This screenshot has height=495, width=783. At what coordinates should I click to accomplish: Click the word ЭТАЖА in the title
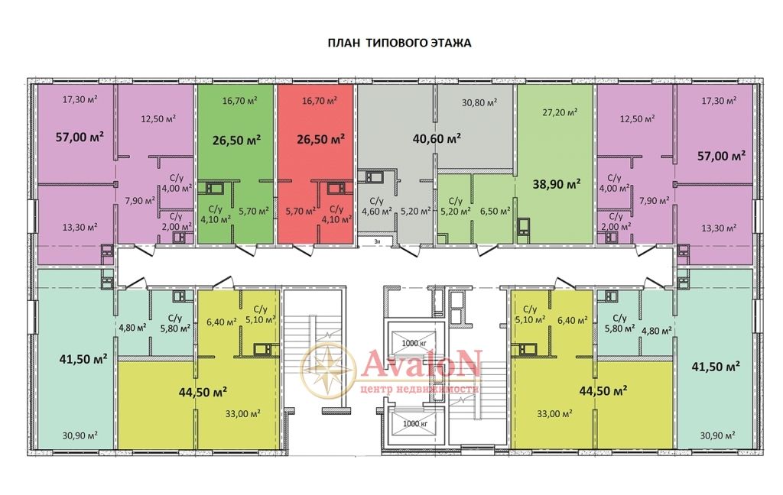pyautogui.click(x=450, y=43)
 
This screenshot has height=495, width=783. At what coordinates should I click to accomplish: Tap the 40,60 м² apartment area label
pyautogui.click(x=437, y=138)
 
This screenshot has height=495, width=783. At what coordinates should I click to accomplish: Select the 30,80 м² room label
pyautogui.click(x=479, y=103)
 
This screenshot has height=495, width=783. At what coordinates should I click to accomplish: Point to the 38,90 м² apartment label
pyautogui.click(x=557, y=184)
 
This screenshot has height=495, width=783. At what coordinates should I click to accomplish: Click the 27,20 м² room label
pyautogui.click(x=560, y=112)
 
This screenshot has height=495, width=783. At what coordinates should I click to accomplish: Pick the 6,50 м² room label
pyautogui.click(x=495, y=211)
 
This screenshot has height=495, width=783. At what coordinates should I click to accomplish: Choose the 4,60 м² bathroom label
pyautogui.click(x=376, y=211)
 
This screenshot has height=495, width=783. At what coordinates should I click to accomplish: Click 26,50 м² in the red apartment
pyautogui.click(x=320, y=139)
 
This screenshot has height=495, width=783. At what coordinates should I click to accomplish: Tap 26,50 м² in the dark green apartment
pyautogui.click(x=237, y=140)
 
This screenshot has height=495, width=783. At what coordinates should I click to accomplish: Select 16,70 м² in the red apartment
pyautogui.click(x=320, y=101)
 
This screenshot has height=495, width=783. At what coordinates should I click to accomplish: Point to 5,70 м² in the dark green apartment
pyautogui.click(x=254, y=211)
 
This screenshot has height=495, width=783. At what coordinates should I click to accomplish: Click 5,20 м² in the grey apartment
pyautogui.click(x=415, y=211)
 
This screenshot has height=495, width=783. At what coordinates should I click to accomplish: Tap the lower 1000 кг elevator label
pyautogui.click(x=415, y=424)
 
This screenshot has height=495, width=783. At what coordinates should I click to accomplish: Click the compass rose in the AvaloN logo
pyautogui.click(x=328, y=369)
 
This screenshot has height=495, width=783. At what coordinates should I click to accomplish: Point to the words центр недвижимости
pyautogui.click(x=420, y=388)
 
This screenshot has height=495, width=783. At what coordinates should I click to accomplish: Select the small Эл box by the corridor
pyautogui.click(x=378, y=241)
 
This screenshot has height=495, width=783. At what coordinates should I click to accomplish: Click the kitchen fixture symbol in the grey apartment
pyautogui.click(x=374, y=177)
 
